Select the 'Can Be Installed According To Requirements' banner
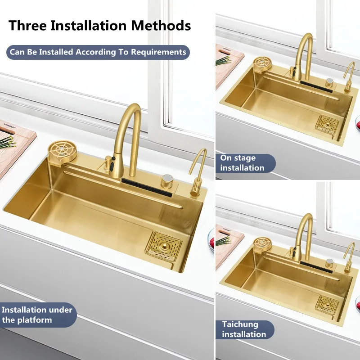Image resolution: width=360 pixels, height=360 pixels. pos(97,52)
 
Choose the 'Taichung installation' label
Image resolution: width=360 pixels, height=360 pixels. pos(244,329)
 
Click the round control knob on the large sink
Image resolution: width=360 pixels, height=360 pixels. pos(167,179)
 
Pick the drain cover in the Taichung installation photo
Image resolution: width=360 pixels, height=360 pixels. pos(327,305)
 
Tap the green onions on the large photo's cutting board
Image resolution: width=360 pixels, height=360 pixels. pos(5,142)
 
